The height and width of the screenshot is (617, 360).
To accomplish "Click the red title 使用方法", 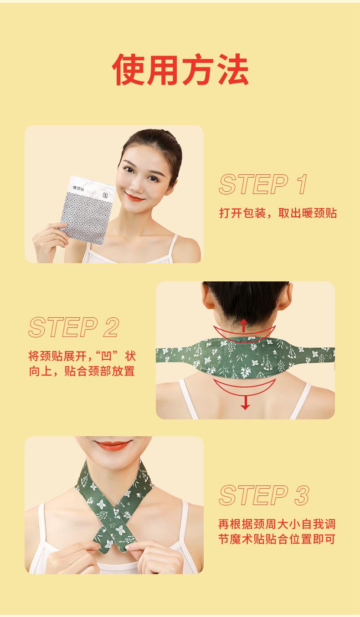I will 180,69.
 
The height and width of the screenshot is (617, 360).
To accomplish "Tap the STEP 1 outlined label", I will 263,184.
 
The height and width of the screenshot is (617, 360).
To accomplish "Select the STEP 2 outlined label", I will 74,328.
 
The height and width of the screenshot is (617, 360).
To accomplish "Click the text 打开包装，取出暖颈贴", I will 278,213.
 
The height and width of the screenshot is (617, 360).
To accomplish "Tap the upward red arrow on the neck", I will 244,325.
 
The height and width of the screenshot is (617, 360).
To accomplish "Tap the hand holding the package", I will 50,241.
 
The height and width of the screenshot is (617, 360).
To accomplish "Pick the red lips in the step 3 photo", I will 113,445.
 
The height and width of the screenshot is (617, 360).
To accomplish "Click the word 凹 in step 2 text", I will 108,356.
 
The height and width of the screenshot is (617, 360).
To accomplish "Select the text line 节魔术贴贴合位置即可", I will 277,540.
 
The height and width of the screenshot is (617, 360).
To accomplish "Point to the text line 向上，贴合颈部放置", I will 82,371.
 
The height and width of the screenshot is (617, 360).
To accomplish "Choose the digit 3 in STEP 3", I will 301,495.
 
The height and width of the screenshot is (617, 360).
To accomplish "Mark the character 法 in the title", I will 231,69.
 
